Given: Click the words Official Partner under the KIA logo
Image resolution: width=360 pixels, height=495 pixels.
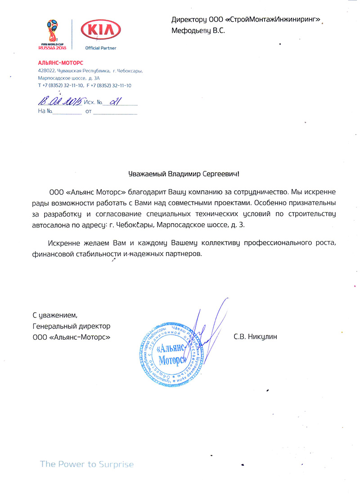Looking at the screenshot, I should click(100, 48).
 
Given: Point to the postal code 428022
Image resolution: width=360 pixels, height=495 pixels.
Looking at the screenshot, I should click(47, 71).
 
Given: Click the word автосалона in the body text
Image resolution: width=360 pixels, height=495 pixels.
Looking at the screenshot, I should click(52, 223).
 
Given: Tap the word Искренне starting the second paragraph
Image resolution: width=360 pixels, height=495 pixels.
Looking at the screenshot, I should click(62, 243).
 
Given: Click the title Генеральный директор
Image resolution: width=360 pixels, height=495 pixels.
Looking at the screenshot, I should click(72, 325).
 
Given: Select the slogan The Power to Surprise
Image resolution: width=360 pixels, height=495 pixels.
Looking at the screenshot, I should click(87, 464).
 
